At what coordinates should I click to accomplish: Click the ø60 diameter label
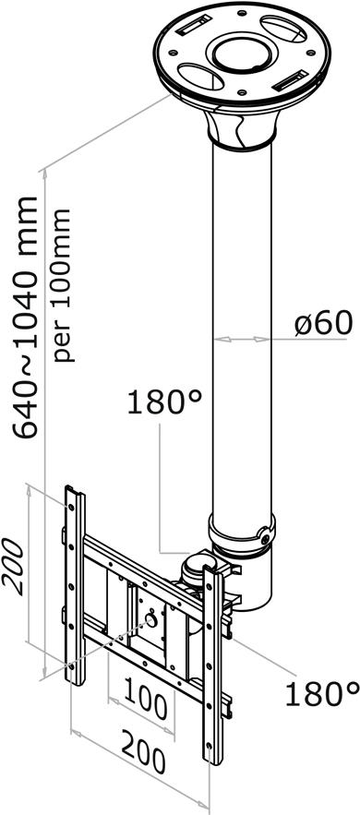pos(323,323)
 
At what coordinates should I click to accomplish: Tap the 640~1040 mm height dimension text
pos(26,318)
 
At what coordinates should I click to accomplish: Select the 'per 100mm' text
pos(63,285)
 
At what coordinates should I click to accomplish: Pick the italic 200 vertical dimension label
pos(13,566)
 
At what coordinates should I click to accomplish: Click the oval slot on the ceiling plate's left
pos(200,76)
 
